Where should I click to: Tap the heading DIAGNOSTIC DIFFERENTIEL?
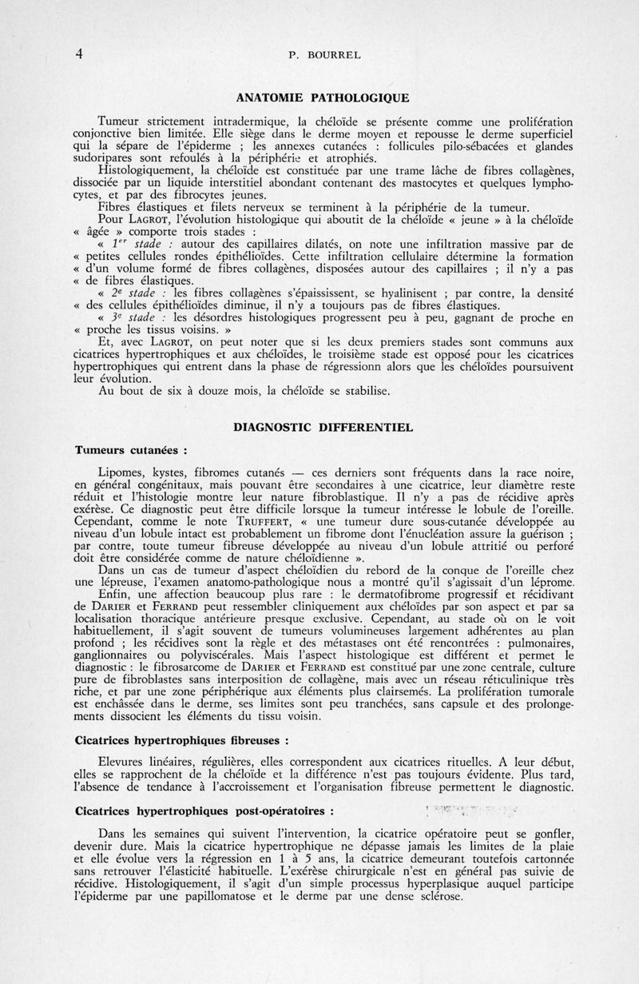[323, 428]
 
